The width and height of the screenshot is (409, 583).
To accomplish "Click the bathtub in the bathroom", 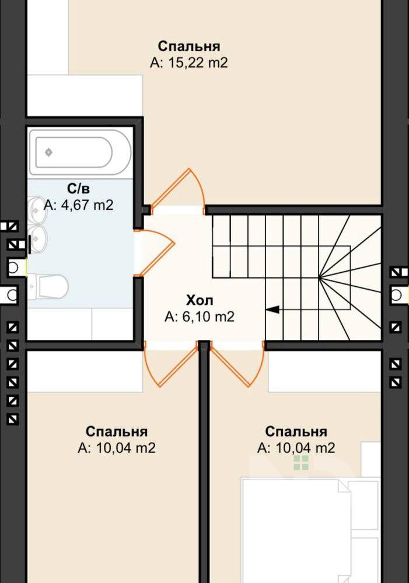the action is (80, 152).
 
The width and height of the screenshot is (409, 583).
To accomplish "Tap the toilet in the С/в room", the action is (49, 286).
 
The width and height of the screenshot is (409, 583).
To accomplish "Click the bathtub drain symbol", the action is (48, 152).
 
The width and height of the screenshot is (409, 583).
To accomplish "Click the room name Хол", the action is (200, 300).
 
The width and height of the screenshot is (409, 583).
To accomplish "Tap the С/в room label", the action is (78, 188).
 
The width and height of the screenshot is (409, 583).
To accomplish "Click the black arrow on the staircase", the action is (272, 309).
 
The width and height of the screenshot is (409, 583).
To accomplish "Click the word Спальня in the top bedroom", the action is (188, 46).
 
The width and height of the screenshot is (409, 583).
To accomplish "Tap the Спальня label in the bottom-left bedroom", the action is (117, 431).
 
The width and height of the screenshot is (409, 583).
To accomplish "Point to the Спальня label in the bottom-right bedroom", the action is (296, 431).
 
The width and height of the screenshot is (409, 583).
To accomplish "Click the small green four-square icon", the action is (301, 462).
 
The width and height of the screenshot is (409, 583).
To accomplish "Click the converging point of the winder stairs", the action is (319, 276).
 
